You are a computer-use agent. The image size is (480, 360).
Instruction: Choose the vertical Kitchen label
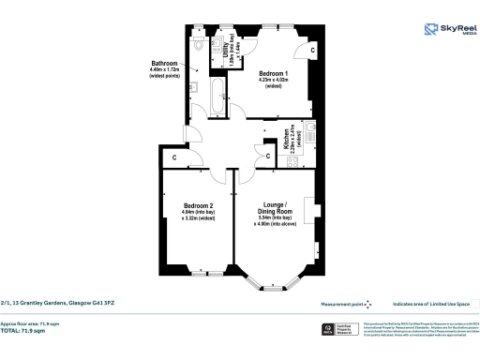click(292, 139)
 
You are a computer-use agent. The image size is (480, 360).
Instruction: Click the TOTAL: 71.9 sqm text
click(31, 331)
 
